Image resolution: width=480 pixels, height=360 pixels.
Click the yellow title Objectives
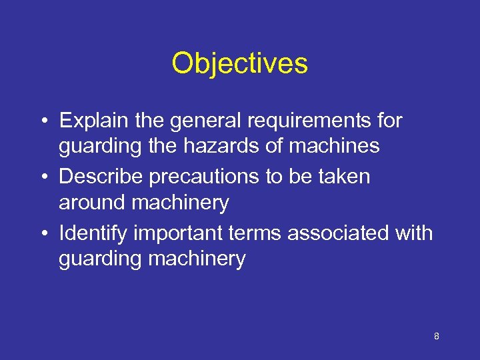[239, 64]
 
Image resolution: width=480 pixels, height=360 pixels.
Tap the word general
[199, 121]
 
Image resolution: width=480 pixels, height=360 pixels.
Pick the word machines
[336, 145]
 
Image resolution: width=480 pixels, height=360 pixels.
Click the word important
[178, 233]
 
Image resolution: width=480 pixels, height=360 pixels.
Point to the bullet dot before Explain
[42, 121]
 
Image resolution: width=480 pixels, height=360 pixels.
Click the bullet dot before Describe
[42, 177]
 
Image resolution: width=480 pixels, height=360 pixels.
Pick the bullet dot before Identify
[42, 234]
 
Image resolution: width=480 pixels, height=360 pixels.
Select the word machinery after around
[180, 202]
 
